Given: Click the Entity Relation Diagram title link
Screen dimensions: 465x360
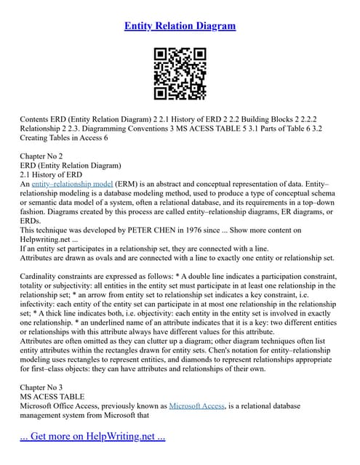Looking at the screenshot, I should point(180,26).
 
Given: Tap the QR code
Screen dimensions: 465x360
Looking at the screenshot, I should point(180,75).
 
